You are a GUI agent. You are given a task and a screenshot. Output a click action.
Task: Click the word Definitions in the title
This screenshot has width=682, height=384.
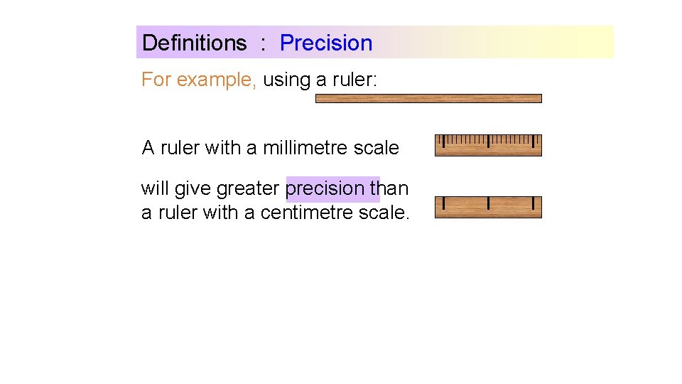pos(194,43)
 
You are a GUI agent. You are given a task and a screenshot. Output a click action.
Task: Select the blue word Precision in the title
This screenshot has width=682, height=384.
pos(326,43)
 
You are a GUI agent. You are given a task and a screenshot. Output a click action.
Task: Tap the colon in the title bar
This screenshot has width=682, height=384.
pos(263,44)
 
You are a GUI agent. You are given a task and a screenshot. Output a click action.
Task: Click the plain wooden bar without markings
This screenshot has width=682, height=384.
pos(428,99)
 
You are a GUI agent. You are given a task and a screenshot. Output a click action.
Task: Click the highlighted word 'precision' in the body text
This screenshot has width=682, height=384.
pos(325,188)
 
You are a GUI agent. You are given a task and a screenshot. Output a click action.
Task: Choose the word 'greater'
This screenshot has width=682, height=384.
pos(248,188)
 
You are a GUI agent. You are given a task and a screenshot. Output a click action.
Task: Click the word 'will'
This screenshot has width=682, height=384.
pos(154,188)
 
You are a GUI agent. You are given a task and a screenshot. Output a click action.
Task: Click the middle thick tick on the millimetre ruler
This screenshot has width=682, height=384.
pos(488,142)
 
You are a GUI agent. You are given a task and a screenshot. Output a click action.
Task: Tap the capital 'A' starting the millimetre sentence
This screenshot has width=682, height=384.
pos(148,148)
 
